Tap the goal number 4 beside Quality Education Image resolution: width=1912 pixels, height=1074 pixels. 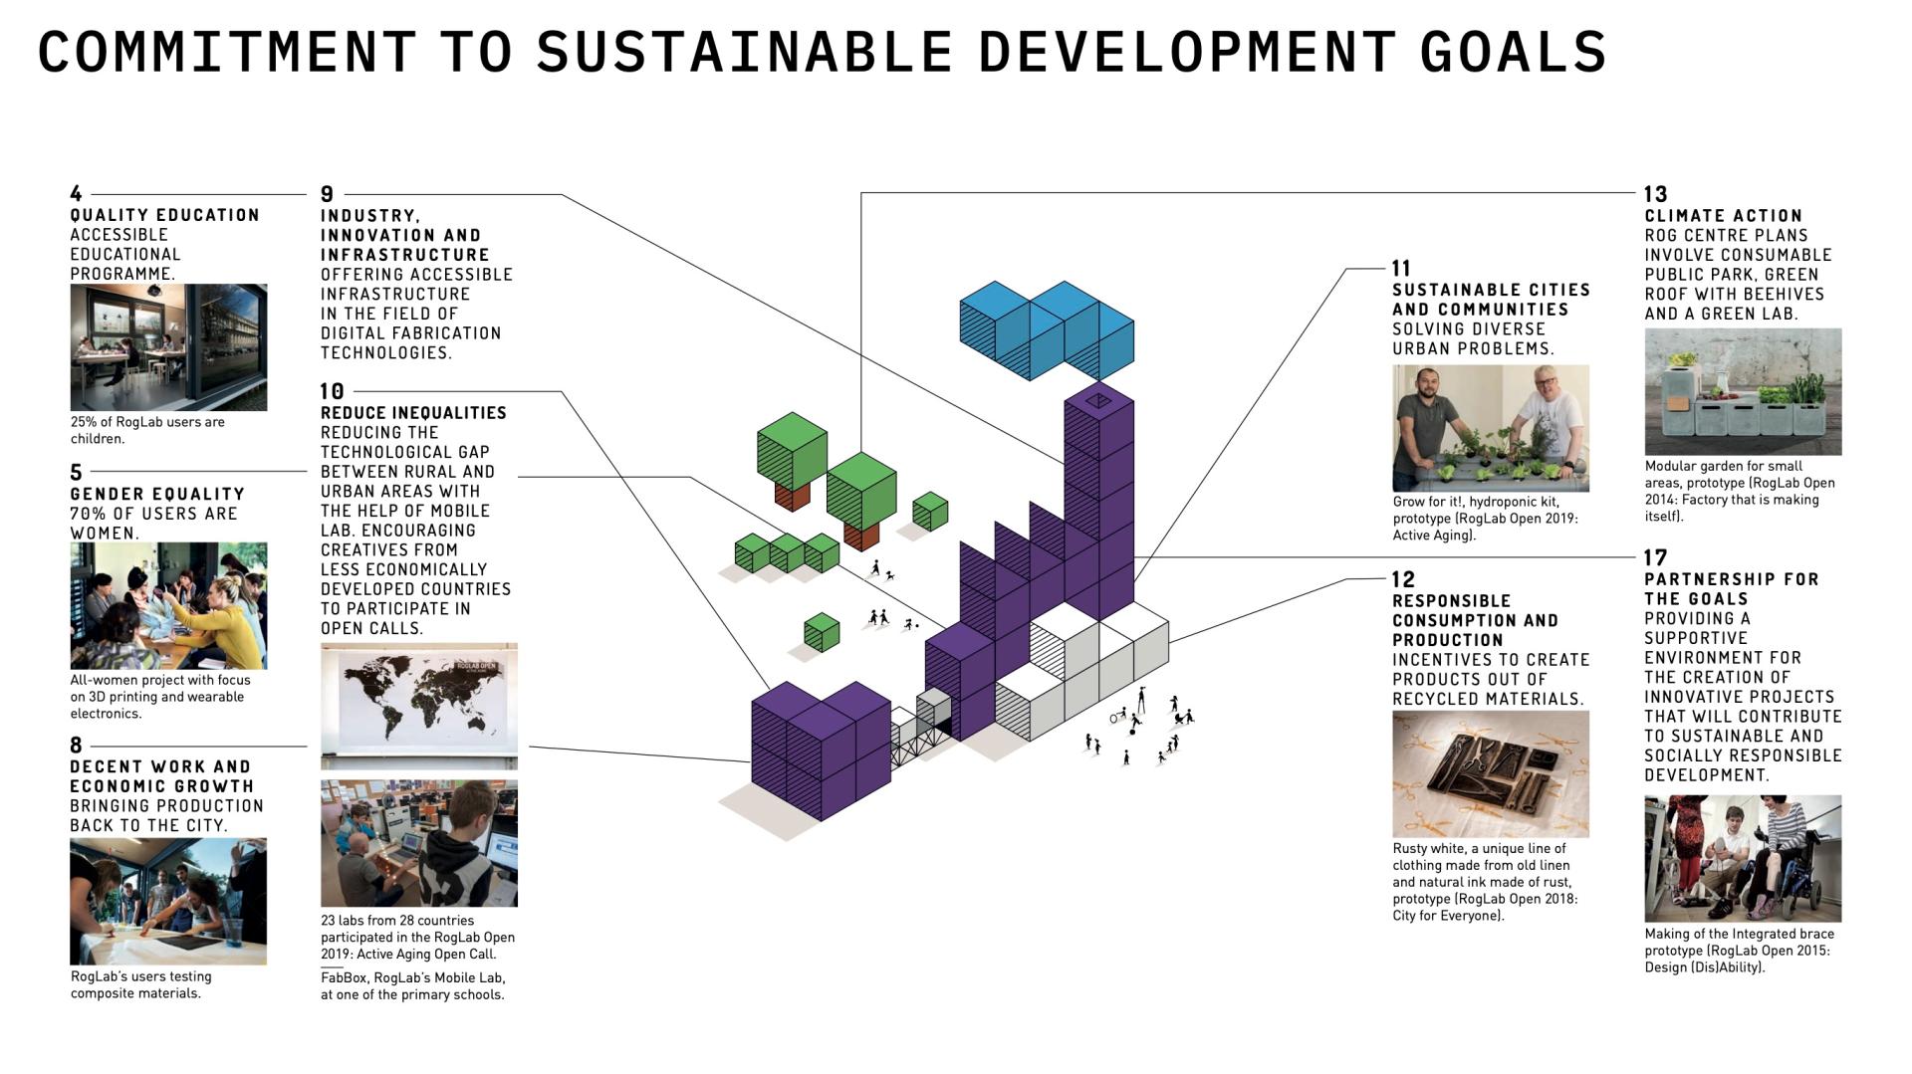coord(77,193)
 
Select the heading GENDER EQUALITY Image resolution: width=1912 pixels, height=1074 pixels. coord(157,494)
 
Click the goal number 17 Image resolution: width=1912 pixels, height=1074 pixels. coord(1656,557)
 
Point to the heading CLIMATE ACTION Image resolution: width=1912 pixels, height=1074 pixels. coord(1724,216)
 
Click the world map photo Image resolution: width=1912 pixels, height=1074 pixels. coord(419,706)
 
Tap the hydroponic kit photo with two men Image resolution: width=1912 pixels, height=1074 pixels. coord(1491,428)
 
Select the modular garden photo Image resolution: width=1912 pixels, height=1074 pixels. coord(1743,392)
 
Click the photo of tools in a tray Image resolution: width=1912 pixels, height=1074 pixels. coord(1491,773)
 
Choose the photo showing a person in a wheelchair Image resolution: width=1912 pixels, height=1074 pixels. coord(1743,858)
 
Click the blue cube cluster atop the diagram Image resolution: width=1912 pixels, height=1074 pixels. coord(1047,329)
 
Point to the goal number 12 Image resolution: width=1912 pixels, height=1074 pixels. coord(1403,579)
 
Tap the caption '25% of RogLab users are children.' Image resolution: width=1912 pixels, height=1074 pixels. coord(147,430)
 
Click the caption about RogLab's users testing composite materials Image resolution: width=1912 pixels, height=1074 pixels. coord(141,984)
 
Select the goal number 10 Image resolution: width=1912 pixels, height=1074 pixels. coord(332,391)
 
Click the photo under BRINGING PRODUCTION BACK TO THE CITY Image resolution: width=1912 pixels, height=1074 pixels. coord(168,901)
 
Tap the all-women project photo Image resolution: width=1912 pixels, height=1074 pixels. coord(168,605)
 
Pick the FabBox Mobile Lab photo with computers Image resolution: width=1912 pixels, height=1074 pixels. coord(419,843)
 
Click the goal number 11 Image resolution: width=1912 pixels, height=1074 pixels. coord(1401,268)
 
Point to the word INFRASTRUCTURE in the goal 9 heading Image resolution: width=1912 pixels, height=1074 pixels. coord(405,255)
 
